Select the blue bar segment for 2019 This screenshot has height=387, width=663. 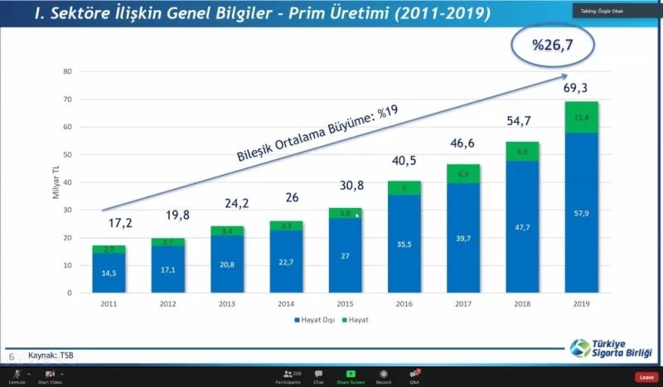581,215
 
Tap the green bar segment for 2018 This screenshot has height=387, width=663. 522,152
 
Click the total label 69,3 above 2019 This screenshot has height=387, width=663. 581,87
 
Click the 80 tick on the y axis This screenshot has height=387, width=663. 68,71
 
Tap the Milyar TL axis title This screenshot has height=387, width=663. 54,182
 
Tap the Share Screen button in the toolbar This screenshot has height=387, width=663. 351,377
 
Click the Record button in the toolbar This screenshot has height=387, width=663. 383,377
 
